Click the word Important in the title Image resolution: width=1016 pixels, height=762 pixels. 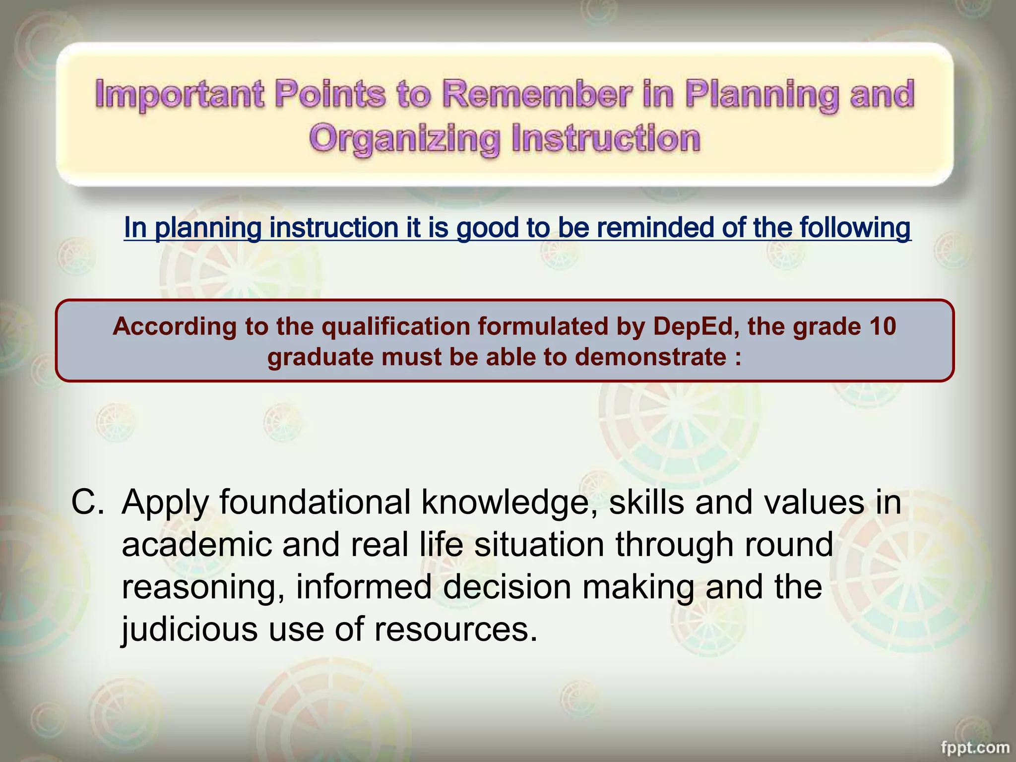(179, 94)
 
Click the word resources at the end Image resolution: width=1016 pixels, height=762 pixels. (455, 629)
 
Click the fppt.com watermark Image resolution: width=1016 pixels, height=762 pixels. (975, 747)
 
